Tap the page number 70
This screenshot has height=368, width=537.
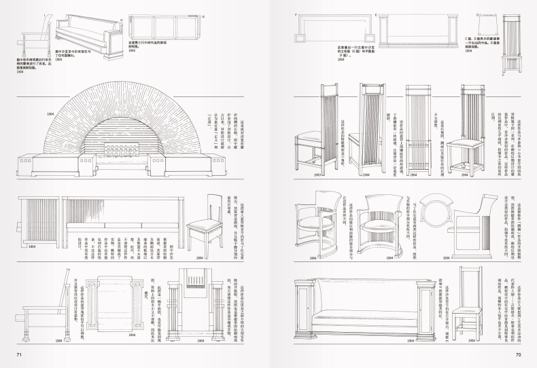tap(517, 354)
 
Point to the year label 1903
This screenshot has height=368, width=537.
tap(318, 175)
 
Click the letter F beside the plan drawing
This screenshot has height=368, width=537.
tap(296, 13)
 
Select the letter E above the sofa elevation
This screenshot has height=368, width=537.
tap(376, 13)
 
